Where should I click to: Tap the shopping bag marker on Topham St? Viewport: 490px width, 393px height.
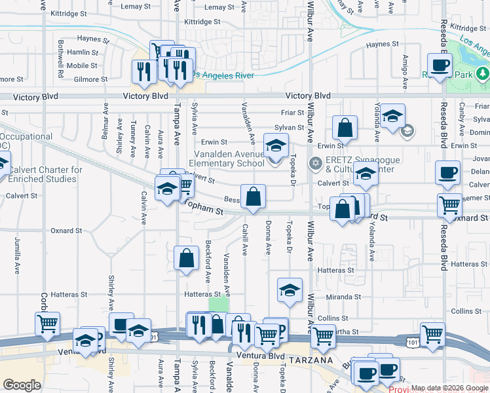tap(253, 196)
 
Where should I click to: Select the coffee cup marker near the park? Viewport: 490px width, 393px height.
tap(440, 65)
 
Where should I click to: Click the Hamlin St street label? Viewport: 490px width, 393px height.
tap(83, 52)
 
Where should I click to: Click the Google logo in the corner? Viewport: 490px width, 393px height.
tap(22, 385)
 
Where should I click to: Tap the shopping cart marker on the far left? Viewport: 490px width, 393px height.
tap(47, 324)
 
